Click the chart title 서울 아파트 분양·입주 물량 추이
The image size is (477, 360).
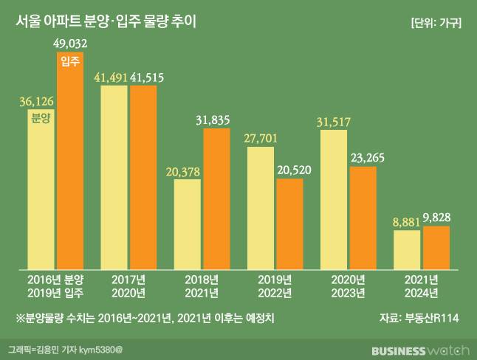[x=106, y=21]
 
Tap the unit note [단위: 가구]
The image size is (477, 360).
[x=436, y=22]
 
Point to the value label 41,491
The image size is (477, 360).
[x=114, y=77]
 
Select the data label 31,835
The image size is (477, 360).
[x=217, y=120]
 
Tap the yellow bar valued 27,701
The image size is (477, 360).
[x=260, y=207]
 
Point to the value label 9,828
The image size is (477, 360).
[x=436, y=218]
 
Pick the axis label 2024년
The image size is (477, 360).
[x=422, y=293]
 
